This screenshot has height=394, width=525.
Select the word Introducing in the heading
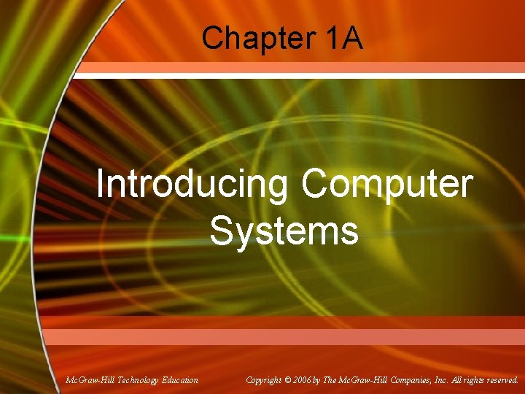click(192, 185)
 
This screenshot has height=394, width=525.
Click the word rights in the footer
click(471, 380)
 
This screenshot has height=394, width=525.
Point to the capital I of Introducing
click(100, 185)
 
